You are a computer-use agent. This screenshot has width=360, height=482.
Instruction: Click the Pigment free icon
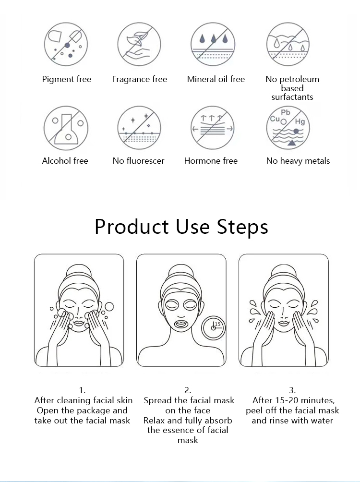(x=66, y=44)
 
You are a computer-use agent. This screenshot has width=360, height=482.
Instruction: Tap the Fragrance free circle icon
(x=139, y=44)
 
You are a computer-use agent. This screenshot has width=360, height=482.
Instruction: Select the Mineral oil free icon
(x=212, y=44)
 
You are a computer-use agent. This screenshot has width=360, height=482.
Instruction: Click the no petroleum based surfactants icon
(x=288, y=44)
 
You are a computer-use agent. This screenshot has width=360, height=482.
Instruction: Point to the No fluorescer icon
(x=139, y=128)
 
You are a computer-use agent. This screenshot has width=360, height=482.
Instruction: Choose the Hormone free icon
(x=212, y=128)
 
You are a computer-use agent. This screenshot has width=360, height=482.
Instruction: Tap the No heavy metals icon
(x=288, y=128)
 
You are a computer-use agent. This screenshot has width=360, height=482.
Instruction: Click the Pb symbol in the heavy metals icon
(x=286, y=113)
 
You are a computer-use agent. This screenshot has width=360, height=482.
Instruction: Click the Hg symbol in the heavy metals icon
(x=300, y=121)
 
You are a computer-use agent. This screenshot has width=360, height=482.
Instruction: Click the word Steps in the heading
(x=239, y=226)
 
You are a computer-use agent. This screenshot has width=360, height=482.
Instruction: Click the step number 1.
(x=83, y=390)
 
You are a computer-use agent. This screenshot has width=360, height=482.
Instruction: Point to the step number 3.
(x=292, y=390)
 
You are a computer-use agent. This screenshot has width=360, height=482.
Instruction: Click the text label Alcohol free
(x=65, y=161)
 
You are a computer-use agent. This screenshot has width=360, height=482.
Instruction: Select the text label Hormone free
(x=211, y=161)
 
